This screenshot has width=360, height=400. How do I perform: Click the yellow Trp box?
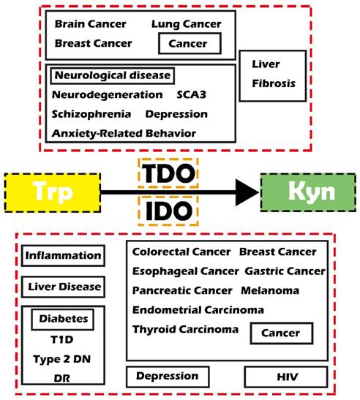[51, 192]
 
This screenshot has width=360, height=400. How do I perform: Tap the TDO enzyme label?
[167, 174]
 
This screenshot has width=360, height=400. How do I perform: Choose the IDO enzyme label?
[167, 212]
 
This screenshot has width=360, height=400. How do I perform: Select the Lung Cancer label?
[185, 24]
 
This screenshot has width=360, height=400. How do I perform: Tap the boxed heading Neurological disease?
[111, 75]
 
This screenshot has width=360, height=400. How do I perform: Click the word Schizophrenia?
[91, 114]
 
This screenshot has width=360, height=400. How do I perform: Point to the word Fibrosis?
[274, 84]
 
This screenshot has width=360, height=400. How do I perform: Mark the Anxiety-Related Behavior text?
[124, 133]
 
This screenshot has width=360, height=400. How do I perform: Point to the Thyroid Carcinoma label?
[185, 330]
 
